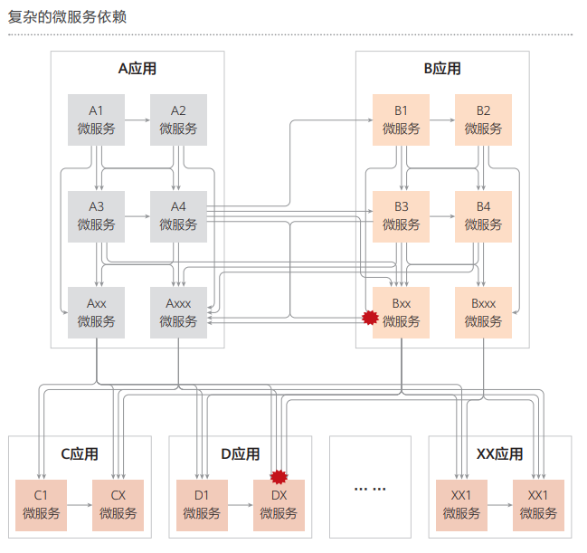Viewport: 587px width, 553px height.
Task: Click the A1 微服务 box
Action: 96,119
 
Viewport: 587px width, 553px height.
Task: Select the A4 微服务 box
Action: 178,215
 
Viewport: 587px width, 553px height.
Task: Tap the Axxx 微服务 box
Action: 178,312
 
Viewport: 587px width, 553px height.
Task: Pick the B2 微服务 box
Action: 483,119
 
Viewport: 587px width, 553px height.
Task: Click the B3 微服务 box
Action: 401,215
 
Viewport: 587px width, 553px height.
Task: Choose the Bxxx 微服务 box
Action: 483,312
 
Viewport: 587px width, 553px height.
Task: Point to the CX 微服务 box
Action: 118,504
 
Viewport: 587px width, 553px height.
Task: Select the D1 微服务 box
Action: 202,504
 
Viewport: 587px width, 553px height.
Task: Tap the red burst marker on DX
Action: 279,476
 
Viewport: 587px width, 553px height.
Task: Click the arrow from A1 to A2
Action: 137,119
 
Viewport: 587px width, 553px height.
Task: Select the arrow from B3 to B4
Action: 441,216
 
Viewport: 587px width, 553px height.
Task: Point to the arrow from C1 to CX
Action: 80,505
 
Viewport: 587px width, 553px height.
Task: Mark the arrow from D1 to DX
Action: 241,505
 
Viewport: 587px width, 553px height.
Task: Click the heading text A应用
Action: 137,69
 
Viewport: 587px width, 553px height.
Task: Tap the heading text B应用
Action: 442,69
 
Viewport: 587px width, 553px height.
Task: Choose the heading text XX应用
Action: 499,454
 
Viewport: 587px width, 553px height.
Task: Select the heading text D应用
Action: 241,454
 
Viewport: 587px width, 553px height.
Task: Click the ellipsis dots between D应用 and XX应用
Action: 370,489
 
